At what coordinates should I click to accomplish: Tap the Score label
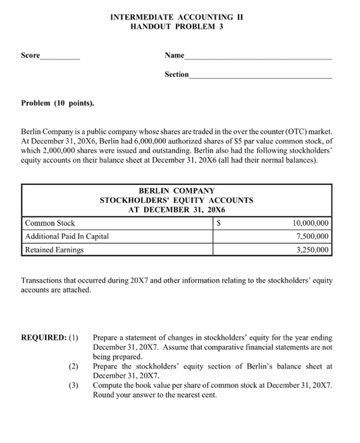30,56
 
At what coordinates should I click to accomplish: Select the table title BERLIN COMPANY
177,190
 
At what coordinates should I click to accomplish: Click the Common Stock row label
50,223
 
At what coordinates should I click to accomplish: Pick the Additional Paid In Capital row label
67,236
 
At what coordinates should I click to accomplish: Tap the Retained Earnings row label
54,249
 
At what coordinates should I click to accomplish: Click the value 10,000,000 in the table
310,223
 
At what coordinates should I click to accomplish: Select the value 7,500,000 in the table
313,236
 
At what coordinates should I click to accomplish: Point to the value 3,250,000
313,249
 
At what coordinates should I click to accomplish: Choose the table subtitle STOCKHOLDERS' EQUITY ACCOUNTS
177,200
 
